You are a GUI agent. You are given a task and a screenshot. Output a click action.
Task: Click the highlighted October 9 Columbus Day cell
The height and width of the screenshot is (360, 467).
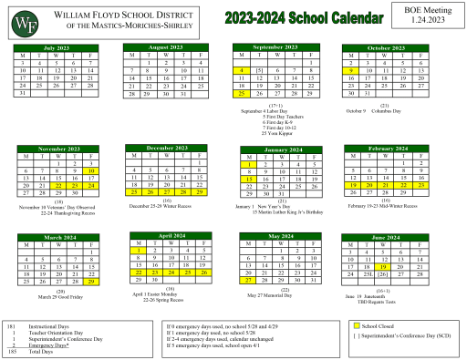[350, 69]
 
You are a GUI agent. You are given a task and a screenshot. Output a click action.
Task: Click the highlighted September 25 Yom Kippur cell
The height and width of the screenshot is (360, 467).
[241, 93]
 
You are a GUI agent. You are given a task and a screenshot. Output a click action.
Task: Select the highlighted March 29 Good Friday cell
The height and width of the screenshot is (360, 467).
[91, 256]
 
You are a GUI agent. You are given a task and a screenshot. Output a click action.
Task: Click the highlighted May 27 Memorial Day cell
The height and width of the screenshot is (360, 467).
[248, 256]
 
